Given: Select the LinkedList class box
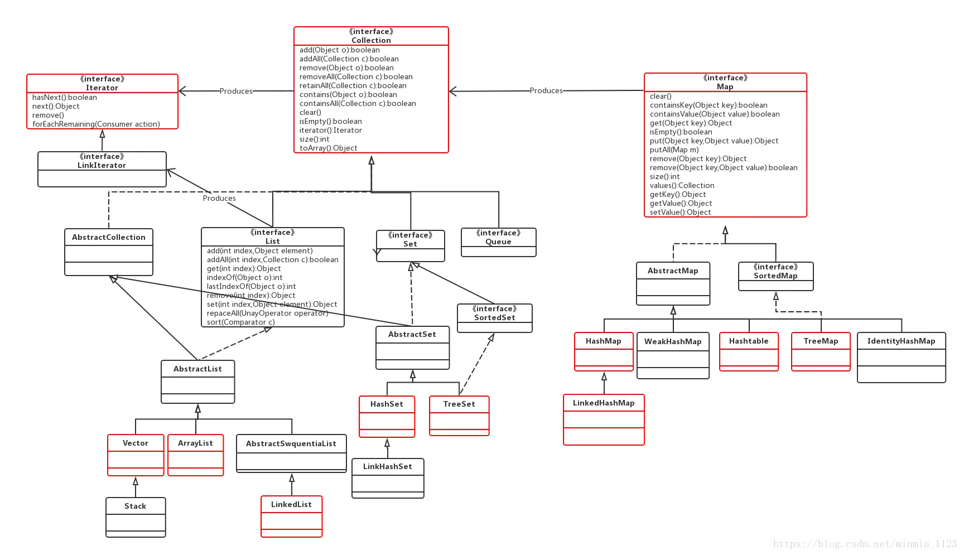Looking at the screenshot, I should point(291,517).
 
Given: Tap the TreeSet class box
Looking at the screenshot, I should point(459,415).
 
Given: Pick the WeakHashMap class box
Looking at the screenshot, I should point(673,355).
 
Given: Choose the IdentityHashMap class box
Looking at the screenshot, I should point(901,357).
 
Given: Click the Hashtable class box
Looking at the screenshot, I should point(749,351).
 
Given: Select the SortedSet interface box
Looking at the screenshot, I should point(495,318).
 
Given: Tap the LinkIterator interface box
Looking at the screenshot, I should point(102,169).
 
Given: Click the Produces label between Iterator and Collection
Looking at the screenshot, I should point(236,91).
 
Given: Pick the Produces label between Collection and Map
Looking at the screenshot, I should point(546,90).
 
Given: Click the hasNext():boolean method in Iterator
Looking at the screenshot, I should point(65,97).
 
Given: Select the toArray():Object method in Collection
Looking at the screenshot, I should point(328,148).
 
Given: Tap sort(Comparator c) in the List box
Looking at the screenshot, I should point(240,322).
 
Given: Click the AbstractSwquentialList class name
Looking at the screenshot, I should point(291,443).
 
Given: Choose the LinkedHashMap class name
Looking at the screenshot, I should point(604,403).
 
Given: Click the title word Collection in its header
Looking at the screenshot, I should point(371,40).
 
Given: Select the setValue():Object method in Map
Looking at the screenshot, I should point(680,212).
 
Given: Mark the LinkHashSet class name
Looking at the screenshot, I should point(388,466).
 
